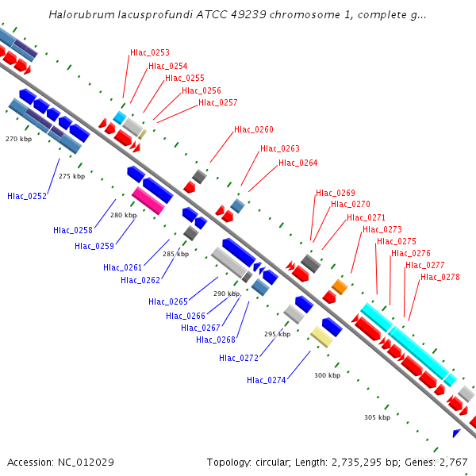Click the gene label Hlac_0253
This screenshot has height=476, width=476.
pyautogui.click(x=150, y=52)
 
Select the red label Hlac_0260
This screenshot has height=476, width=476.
pyautogui.click(x=254, y=129)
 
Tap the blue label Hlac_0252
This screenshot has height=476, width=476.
pyautogui.click(x=27, y=196)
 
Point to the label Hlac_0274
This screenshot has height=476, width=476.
pyautogui.click(x=267, y=380)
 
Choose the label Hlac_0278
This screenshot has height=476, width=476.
pyautogui.click(x=440, y=277)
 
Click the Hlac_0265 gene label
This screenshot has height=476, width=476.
pyautogui.click(x=168, y=301)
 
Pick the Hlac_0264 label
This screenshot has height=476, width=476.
pyautogui.click(x=297, y=163)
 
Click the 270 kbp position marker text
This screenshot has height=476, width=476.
pyautogui.click(x=18, y=139)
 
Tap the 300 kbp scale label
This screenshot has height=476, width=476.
pyautogui.click(x=327, y=375)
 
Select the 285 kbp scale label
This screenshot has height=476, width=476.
pyautogui.click(x=176, y=254)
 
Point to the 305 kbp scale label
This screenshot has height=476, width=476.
pyautogui.click(x=378, y=417)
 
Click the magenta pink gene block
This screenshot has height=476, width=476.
pyautogui.click(x=148, y=201)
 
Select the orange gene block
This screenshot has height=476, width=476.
pyautogui.click(x=340, y=287)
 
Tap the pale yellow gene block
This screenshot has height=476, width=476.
pyautogui.click(x=321, y=337)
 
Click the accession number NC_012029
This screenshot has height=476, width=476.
pyautogui.click(x=86, y=463)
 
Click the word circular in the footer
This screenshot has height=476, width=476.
pyautogui.click(x=273, y=463)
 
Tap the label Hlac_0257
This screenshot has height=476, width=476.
pyautogui.click(x=217, y=102)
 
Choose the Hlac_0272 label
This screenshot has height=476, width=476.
pyautogui.click(x=239, y=359)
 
